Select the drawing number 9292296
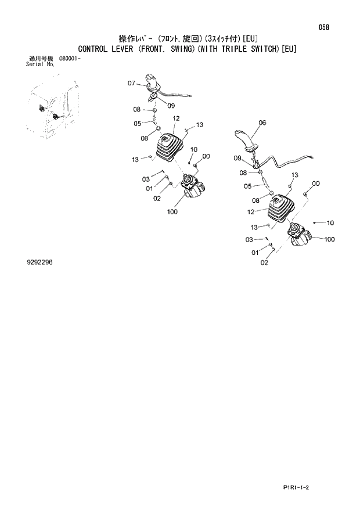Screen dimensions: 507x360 click(x=39, y=262)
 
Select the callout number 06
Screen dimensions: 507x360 click(x=262, y=123)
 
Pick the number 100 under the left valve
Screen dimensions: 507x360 click(x=172, y=212)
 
